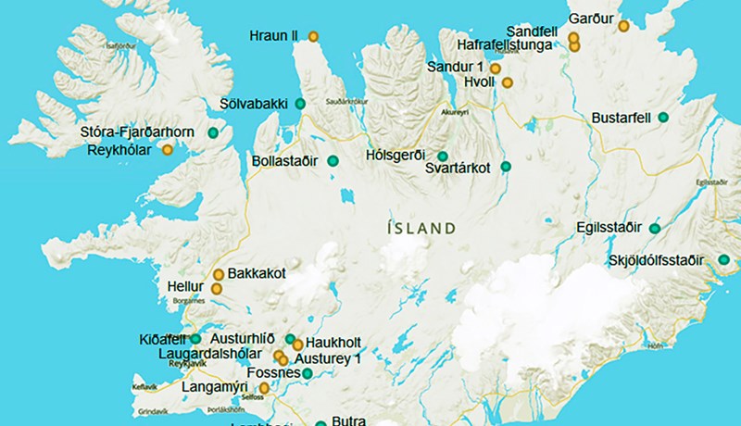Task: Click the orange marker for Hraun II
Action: point(313,37)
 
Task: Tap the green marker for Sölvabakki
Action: point(299,104)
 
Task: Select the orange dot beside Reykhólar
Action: point(168,149)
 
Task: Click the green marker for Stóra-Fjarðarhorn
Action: point(213,133)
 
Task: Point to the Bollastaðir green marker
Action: point(333,162)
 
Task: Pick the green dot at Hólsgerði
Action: point(443,156)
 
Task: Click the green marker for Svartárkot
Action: point(506,167)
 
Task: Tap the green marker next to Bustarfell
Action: point(663,118)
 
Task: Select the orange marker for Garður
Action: point(623,27)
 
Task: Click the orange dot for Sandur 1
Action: point(496,69)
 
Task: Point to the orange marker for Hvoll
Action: point(507,82)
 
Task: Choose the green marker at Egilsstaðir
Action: point(655,228)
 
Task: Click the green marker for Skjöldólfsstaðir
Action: point(723,260)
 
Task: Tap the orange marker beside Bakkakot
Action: point(219,274)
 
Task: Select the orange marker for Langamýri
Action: point(264,388)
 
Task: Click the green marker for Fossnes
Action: point(308,374)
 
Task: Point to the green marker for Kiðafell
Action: point(195,339)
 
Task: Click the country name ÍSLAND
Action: point(421,228)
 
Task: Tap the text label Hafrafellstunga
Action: point(506,44)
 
